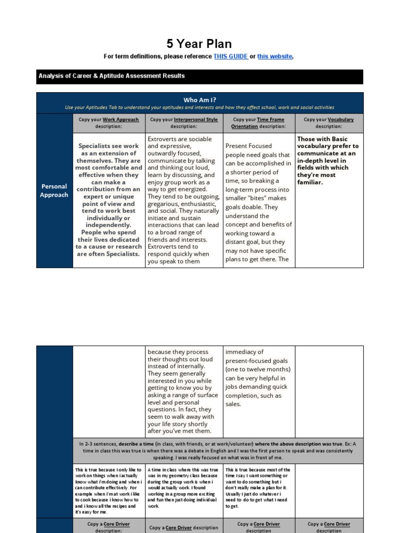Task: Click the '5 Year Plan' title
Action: [199, 44]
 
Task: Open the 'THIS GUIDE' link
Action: [230, 56]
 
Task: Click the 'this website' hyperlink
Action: [274, 56]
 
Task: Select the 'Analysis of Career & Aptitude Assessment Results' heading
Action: [112, 76]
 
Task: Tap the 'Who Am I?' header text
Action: [199, 99]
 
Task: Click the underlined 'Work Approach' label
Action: [121, 119]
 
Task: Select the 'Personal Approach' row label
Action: [55, 191]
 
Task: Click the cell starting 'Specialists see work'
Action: [109, 200]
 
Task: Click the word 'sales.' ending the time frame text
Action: [234, 404]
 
